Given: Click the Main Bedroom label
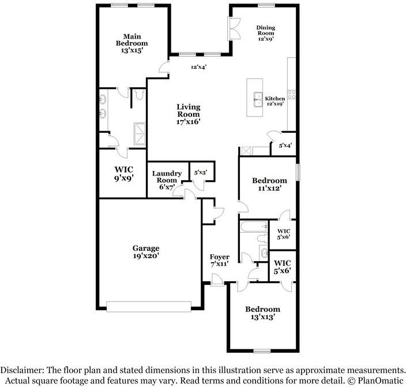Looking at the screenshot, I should [x=131, y=43].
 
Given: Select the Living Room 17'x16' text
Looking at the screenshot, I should [x=188, y=114].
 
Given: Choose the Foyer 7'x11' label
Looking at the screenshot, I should [x=219, y=261].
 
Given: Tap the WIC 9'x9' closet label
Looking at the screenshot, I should [x=123, y=173].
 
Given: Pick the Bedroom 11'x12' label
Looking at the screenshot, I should [x=269, y=184].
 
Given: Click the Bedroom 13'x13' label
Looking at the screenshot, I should [x=262, y=313].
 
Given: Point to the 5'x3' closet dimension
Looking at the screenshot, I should [x=201, y=172].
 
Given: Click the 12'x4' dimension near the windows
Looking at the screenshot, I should [x=199, y=67].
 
